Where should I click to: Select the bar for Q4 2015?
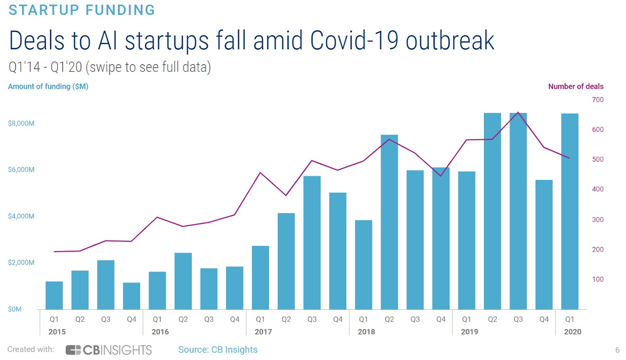[131, 296]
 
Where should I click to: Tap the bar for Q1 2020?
[570, 211]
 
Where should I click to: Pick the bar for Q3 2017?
[312, 243]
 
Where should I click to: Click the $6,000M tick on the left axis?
[21, 170]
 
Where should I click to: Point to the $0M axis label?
[15, 309]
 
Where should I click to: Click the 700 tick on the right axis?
[597, 100]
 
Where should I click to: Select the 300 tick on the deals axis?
[597, 220]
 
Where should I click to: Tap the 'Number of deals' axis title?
[576, 86]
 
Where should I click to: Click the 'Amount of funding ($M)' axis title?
[48, 86]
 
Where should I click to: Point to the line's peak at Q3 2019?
[518, 113]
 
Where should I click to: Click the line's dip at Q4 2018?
[441, 176]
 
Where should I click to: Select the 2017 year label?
[263, 332]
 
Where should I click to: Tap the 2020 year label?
[572, 332]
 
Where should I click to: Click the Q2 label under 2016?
[183, 319]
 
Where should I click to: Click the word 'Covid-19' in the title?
[354, 41]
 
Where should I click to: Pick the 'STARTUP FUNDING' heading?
[82, 10]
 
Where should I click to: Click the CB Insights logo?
[109, 350]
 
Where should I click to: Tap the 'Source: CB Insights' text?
[218, 350]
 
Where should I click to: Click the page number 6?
[617, 350]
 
